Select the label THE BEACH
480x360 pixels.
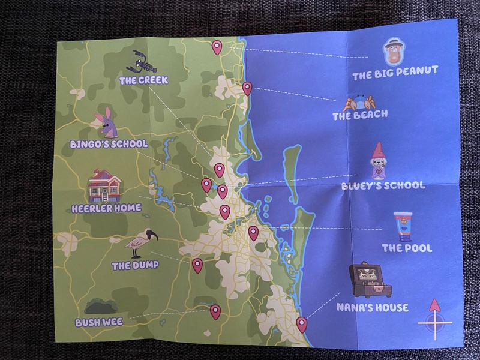pyautogui.click(x=360, y=114)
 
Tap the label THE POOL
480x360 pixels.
pyautogui.click(x=407, y=248)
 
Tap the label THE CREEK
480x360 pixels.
pyautogui.click(x=143, y=80)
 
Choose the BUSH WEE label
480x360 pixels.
pyautogui.click(x=99, y=322)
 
